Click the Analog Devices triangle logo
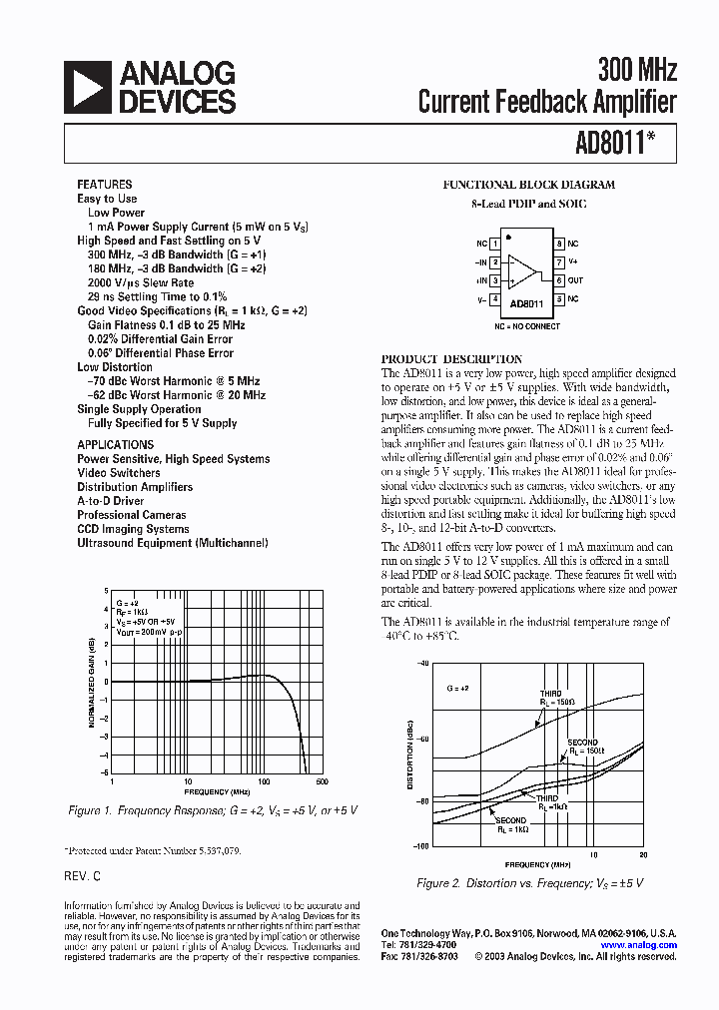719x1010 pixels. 88,87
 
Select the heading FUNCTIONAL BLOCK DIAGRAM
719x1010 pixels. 528,185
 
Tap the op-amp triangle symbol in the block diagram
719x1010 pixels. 521,270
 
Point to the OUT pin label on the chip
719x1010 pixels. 576,280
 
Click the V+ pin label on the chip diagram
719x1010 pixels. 573,261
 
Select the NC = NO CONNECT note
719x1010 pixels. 527,326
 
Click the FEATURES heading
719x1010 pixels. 104,185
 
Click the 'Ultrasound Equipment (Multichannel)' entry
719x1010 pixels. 172,543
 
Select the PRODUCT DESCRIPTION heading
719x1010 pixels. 451,358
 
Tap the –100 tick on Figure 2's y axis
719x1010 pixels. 420,845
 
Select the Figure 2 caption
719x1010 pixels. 529,883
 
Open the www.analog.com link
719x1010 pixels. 639,944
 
